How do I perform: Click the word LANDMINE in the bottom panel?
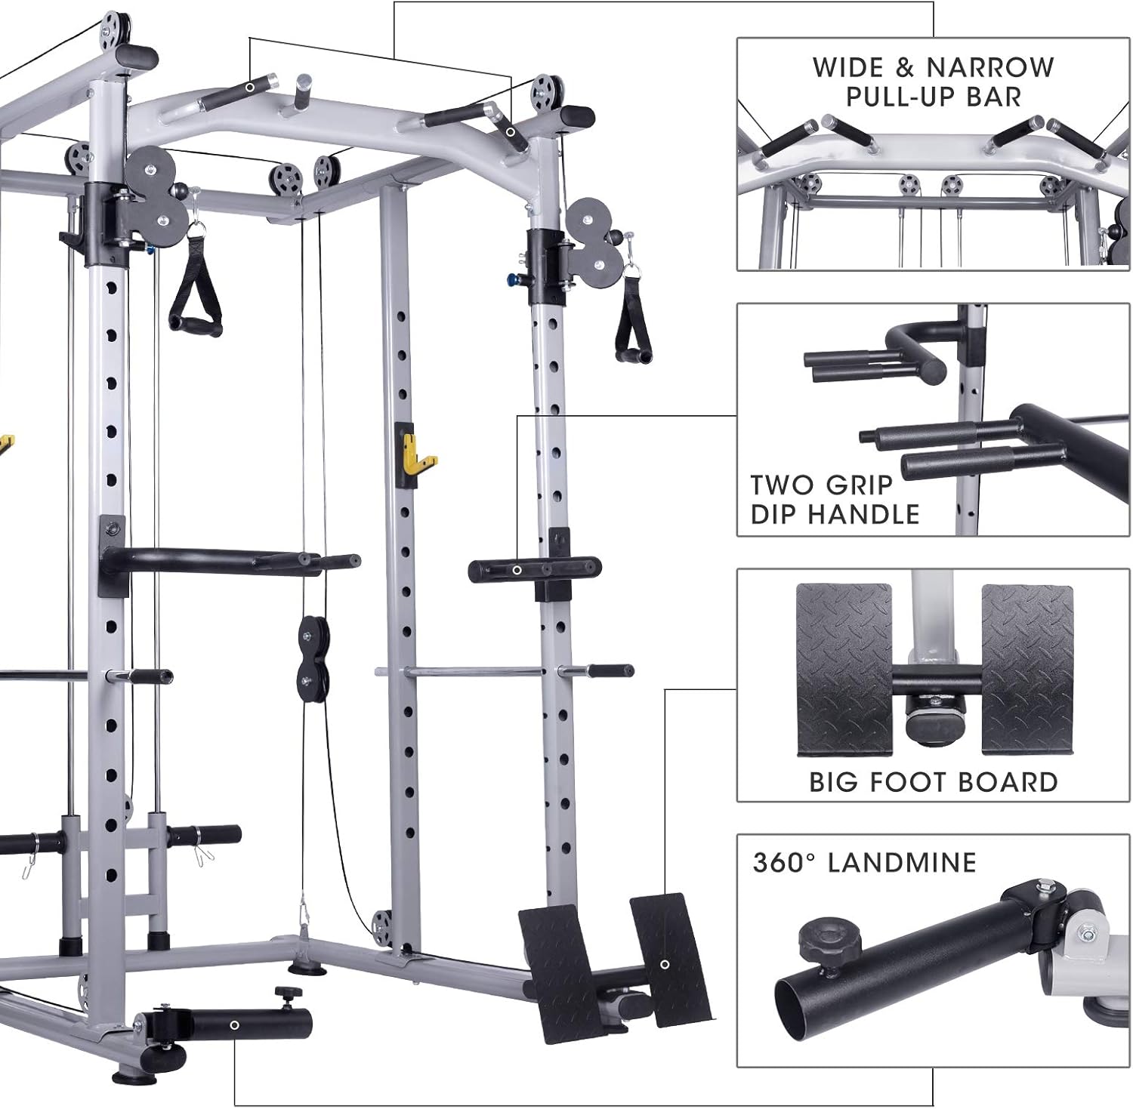coord(902,862)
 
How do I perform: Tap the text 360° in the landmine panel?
coord(782,862)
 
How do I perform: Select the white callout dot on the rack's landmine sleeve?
coord(235,1024)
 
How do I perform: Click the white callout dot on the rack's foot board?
coord(665,964)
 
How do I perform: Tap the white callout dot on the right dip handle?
coord(517,570)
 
